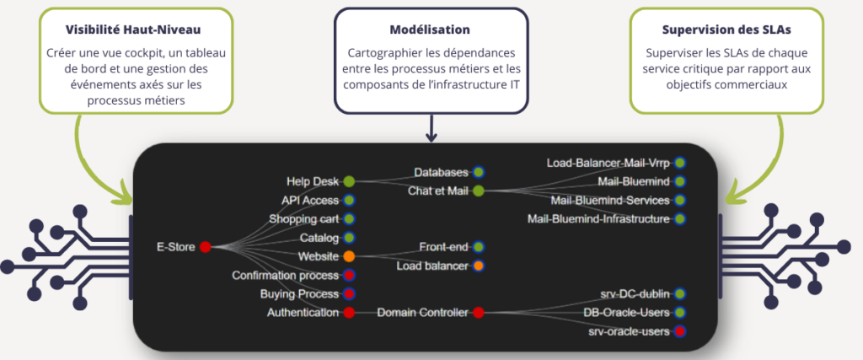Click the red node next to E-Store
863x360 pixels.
205,247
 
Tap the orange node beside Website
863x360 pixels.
348,256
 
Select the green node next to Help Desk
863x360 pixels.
348,181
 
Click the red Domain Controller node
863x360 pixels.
478,313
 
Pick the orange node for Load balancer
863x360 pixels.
478,266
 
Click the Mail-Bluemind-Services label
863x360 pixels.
610,201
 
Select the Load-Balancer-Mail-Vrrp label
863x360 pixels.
608,162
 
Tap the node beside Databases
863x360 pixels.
478,172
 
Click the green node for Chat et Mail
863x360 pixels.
478,191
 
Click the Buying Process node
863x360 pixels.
348,294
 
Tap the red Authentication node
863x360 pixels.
348,313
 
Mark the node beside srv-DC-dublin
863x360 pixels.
679,294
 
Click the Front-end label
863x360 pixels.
443,247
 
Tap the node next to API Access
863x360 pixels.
348,201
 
